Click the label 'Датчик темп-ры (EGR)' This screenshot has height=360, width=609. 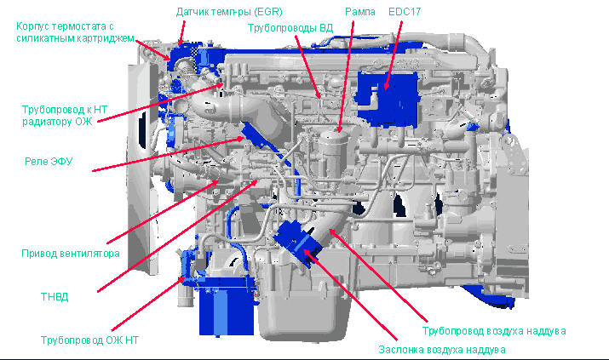(229, 12)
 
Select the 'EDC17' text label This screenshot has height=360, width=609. (405, 12)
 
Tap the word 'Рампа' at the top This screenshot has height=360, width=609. (360, 12)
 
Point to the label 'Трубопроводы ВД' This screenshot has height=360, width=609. (290, 28)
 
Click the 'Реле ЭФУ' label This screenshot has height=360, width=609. (49, 161)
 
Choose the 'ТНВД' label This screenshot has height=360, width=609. (55, 297)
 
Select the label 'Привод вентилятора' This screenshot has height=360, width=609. (71, 254)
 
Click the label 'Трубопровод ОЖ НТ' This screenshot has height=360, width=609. (89, 340)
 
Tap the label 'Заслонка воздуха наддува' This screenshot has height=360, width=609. (442, 350)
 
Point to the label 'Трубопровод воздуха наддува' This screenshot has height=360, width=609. (494, 331)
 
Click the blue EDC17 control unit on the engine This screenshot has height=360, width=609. (387, 99)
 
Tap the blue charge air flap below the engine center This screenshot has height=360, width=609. (297, 243)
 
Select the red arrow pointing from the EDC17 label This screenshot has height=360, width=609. (393, 55)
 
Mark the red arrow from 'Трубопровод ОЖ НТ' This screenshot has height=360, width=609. (148, 304)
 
